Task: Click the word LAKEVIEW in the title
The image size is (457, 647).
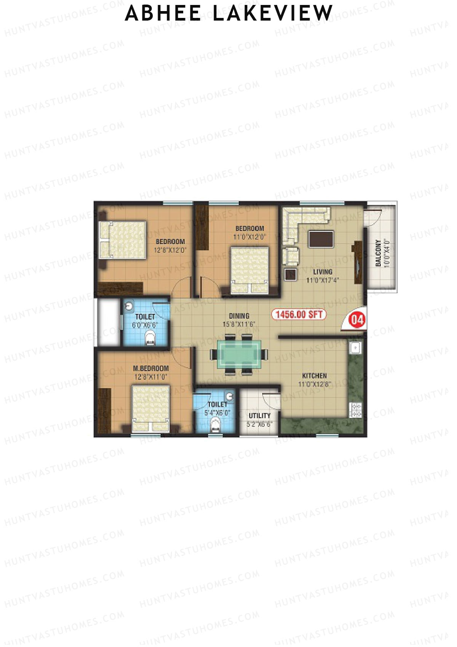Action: tap(273, 13)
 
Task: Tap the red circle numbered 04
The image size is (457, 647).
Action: tap(357, 319)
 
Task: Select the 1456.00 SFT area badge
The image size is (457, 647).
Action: tap(299, 315)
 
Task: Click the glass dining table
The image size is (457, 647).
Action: tap(240, 354)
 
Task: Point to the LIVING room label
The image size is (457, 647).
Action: tap(323, 272)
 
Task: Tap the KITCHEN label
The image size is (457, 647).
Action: tap(315, 376)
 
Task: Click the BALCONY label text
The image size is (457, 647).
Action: tap(378, 253)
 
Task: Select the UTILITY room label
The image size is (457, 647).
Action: tap(259, 416)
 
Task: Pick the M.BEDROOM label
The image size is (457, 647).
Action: tap(151, 368)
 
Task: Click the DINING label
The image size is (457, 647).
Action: tap(239, 316)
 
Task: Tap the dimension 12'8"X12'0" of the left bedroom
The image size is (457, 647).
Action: tap(170, 250)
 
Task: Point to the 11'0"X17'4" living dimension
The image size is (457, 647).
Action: tap(323, 280)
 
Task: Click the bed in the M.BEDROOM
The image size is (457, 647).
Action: tap(150, 408)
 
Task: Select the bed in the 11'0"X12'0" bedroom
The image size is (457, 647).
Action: tap(249, 269)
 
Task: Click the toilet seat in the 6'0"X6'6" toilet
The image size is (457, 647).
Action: tap(150, 338)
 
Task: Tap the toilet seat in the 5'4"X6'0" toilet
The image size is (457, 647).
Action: tap(215, 424)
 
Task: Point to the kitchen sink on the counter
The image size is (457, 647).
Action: tap(355, 348)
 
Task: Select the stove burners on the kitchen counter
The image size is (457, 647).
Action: tap(356, 410)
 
